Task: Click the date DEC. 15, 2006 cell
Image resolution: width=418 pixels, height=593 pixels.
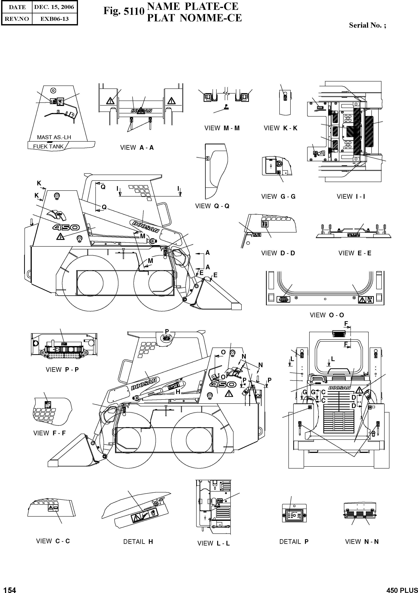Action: tap(54, 7)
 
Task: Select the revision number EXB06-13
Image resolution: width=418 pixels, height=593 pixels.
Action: tap(55, 19)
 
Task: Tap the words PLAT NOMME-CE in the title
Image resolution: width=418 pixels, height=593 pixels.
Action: tap(194, 18)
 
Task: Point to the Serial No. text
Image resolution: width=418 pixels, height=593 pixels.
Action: tap(367, 25)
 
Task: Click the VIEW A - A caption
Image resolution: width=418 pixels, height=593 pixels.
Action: tap(137, 148)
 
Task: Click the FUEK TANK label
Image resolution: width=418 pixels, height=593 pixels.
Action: tap(48, 146)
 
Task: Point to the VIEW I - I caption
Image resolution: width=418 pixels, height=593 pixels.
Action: tap(351, 196)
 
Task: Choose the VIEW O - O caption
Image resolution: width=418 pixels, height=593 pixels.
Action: tap(327, 315)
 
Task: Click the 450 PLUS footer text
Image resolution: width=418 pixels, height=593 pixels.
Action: tap(402, 590)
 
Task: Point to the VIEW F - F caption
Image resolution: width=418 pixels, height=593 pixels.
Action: tap(49, 433)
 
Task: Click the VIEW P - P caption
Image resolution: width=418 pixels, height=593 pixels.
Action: tap(62, 370)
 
